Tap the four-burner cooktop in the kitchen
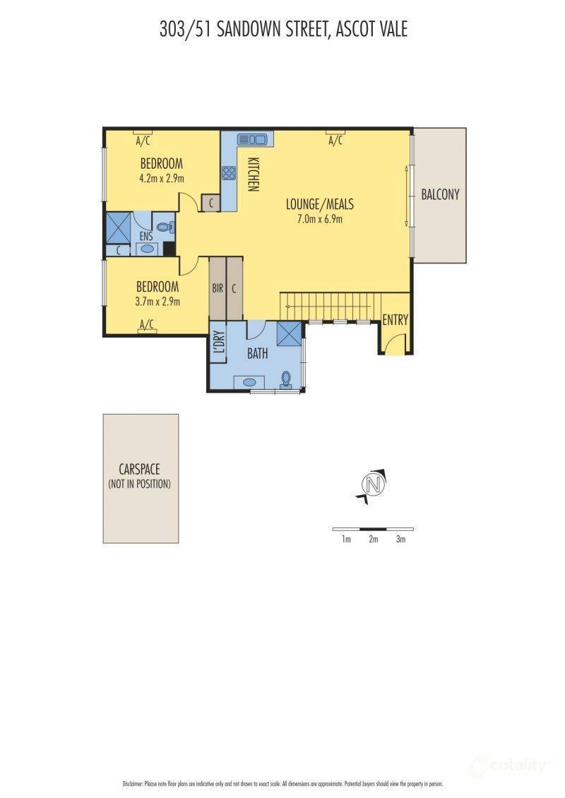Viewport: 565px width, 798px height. pyautogui.click(x=229, y=173)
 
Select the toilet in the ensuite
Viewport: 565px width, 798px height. pyautogui.click(x=165, y=228)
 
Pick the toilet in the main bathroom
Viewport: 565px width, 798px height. pyautogui.click(x=285, y=380)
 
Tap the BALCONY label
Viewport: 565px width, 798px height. pyautogui.click(x=440, y=194)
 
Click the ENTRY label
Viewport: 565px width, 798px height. pyautogui.click(x=395, y=320)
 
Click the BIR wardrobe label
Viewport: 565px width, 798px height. pyautogui.click(x=218, y=289)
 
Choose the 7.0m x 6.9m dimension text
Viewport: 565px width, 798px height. pyautogui.click(x=320, y=220)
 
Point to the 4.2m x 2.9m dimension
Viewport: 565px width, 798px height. pyautogui.click(x=161, y=179)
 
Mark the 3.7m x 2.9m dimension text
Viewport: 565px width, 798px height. pyautogui.click(x=157, y=302)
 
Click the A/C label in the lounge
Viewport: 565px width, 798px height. pyautogui.click(x=335, y=141)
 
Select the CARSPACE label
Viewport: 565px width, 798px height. pyautogui.click(x=139, y=469)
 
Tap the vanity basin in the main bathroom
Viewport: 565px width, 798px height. pyautogui.click(x=249, y=382)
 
